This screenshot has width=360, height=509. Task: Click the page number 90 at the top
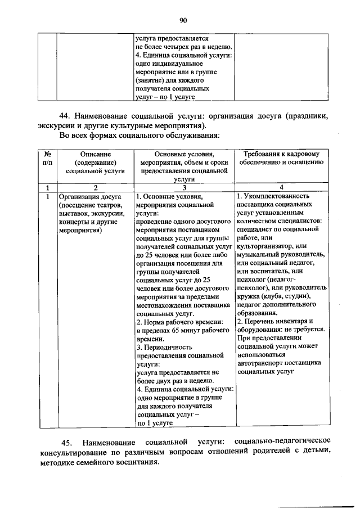(x=183, y=21)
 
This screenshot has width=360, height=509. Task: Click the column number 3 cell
(x=184, y=187)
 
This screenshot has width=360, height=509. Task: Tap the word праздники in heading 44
(x=308, y=116)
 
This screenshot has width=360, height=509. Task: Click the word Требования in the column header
(x=262, y=154)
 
